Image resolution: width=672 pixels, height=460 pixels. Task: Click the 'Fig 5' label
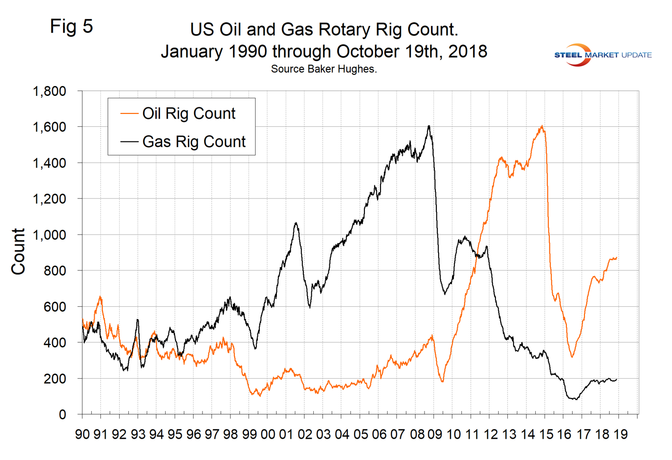pos(71,26)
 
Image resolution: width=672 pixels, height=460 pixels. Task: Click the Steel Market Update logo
pos(602,55)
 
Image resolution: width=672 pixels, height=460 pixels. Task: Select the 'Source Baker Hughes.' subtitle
pos(324,69)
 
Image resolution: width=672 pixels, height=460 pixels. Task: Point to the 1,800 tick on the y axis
pos(49,91)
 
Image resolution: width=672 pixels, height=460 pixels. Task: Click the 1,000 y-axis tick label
pos(49,235)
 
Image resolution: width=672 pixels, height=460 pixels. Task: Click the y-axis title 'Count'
pos(18,252)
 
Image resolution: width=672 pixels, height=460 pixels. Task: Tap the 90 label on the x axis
pos(82,434)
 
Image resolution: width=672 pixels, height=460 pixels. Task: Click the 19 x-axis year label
pos(620,434)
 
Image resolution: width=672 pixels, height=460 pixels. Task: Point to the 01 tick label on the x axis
pos(286,434)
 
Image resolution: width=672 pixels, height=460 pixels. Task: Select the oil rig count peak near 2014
pos(541,126)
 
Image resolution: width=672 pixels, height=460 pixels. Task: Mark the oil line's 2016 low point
pos(572,357)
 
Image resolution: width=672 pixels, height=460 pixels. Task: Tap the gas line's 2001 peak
pos(296,223)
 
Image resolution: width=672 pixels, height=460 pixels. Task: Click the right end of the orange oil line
pos(617,258)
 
